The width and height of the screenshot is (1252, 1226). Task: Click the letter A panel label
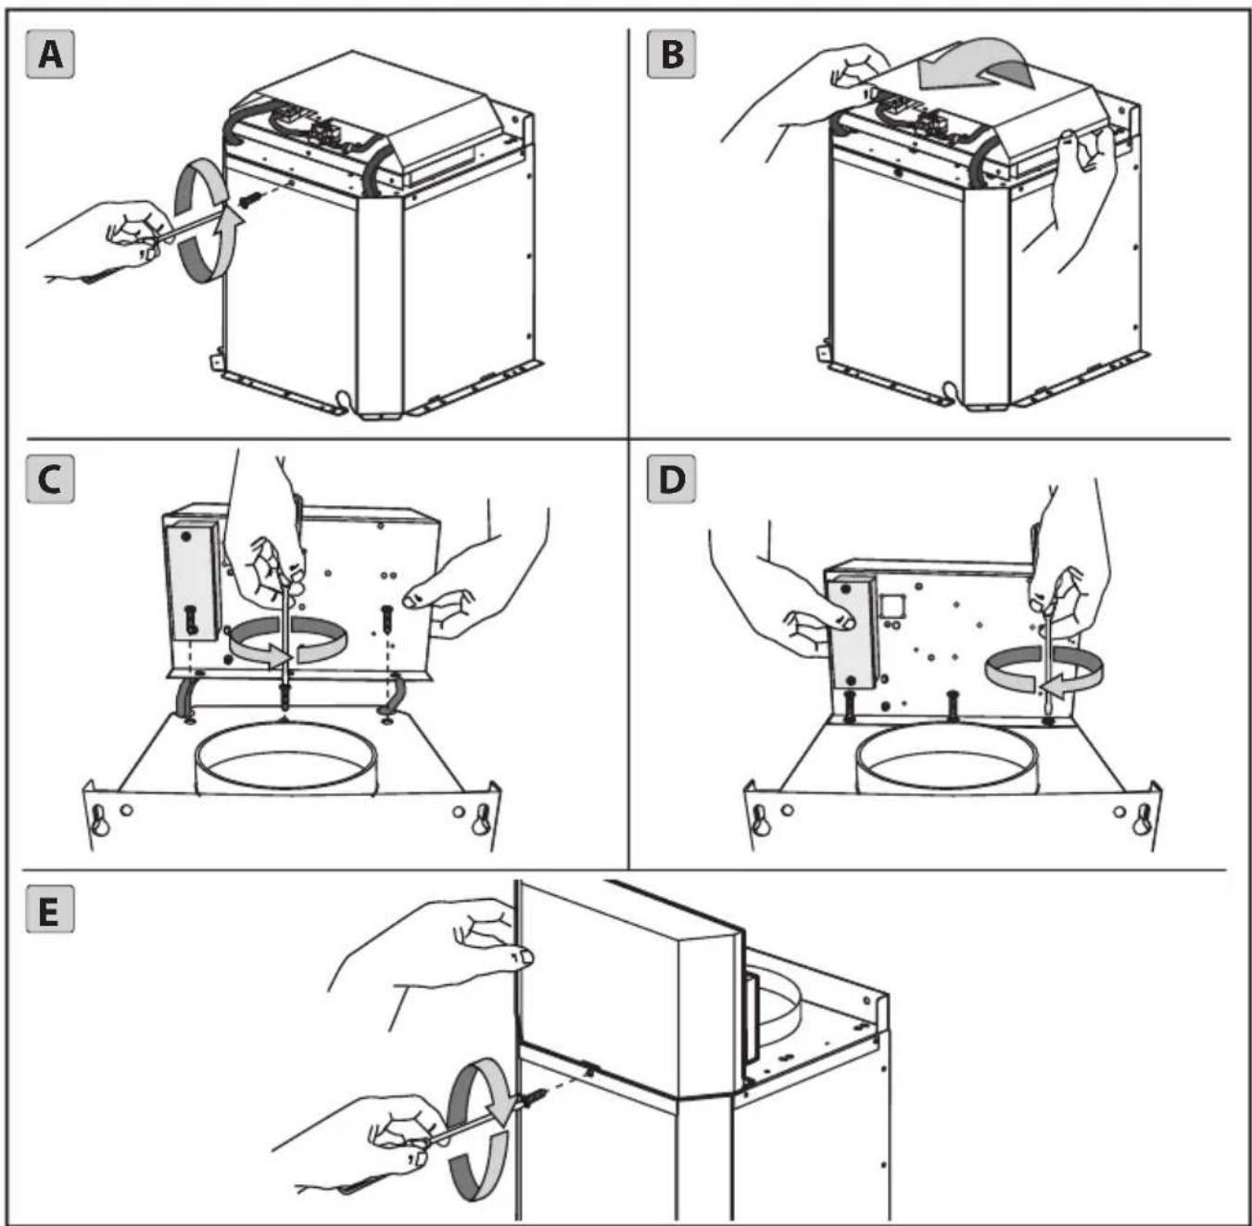tap(50, 56)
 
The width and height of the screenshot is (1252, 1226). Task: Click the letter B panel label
tap(671, 56)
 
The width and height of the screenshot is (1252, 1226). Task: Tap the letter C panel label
tap(50, 480)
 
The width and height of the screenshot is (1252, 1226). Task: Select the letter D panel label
tap(671, 480)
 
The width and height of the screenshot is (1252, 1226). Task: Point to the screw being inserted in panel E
tap(536, 1099)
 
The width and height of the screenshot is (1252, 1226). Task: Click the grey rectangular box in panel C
tap(192, 583)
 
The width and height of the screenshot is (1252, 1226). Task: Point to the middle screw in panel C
tap(285, 698)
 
